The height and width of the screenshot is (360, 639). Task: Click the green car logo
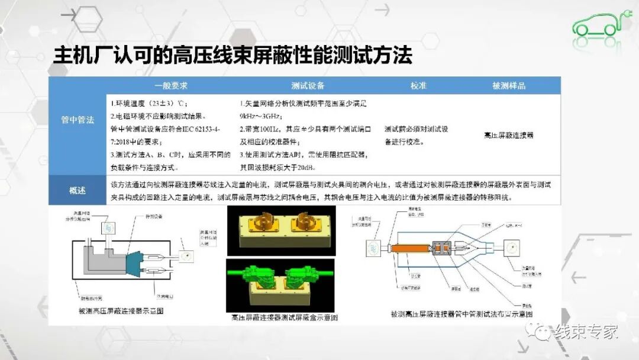coord(596,24)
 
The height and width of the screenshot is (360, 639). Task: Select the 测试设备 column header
coord(308,85)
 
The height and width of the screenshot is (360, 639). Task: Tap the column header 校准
coord(418,85)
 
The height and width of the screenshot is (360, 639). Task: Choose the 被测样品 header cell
coord(508,85)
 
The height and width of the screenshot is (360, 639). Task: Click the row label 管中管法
coord(78,120)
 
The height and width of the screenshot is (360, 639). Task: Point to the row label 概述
coord(78,190)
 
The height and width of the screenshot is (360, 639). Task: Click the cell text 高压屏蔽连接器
coord(508,135)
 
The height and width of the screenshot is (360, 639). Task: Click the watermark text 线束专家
coord(586,332)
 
